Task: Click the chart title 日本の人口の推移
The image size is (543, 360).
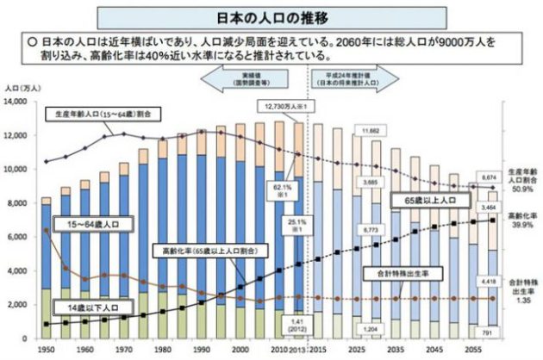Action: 271,16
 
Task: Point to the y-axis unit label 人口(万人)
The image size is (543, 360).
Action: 23,88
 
